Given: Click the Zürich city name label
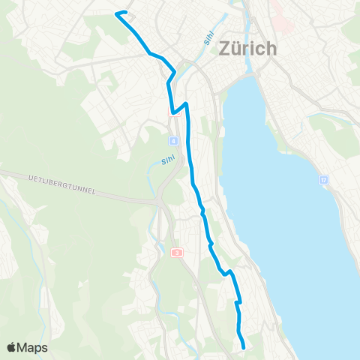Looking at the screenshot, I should pos(247,49).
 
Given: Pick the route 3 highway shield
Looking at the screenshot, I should pos(177,253).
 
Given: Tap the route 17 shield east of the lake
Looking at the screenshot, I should pos(323,181).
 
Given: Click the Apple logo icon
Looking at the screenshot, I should pos(13,347).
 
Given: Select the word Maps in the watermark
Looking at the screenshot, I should pos(34,347).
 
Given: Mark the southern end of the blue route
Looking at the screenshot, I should pos(244,346).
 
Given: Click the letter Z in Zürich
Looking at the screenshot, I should pos(224,49).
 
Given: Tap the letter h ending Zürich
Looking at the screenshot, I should pos(271,49).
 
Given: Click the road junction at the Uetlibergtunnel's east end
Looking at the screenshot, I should pos(160,202).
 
